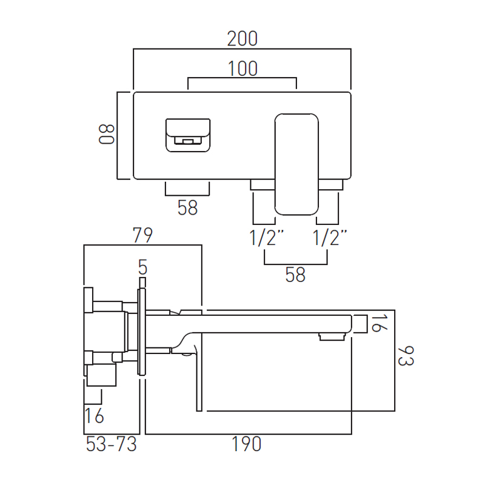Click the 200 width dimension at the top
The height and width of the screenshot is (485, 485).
[x=242, y=39]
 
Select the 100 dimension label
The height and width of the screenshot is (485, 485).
[x=242, y=69]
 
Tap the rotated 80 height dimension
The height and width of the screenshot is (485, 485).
[x=107, y=135]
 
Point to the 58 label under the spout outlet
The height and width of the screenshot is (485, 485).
[x=187, y=207]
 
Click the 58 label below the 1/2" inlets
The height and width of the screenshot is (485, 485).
[x=295, y=275]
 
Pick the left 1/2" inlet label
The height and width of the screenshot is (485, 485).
[x=266, y=238]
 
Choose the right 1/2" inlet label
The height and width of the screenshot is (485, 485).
[x=330, y=238]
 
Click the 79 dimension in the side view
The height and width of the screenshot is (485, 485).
[x=142, y=235]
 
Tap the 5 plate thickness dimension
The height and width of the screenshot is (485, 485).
[x=142, y=267]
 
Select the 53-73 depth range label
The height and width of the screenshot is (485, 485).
[x=112, y=444]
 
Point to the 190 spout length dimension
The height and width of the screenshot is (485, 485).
[x=247, y=444]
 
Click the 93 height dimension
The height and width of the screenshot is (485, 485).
[x=406, y=356]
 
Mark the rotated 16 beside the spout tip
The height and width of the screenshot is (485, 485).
[x=378, y=324]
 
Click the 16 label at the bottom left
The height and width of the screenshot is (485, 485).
[x=94, y=416]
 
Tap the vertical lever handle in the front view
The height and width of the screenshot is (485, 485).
[x=296, y=164]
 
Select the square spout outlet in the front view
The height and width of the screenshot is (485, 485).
[x=188, y=135]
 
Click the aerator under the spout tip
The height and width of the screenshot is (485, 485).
[x=332, y=337]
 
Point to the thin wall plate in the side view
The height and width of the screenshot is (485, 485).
[x=142, y=332]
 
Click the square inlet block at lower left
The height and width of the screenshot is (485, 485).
[x=101, y=375]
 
